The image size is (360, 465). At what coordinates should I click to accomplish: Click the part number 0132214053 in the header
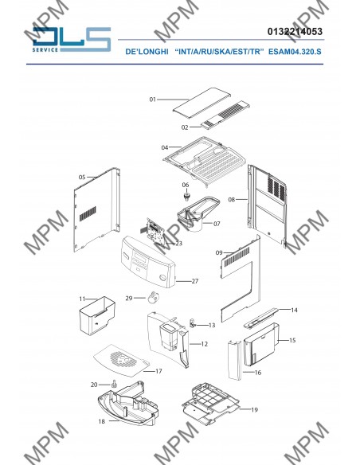click(x=295, y=31)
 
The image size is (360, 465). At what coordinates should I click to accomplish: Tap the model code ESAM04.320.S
click(x=295, y=52)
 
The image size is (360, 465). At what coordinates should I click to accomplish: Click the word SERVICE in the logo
click(x=45, y=50)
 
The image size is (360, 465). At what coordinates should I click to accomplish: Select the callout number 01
click(x=152, y=100)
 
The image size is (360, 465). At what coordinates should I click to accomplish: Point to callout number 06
click(x=186, y=185)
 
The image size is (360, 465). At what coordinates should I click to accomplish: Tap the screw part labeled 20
click(x=114, y=384)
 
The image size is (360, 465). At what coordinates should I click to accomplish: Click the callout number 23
click(x=179, y=244)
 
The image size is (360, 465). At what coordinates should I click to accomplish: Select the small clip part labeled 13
click(x=193, y=323)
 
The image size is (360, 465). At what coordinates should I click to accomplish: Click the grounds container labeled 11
click(x=97, y=315)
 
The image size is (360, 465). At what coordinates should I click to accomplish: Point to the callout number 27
click(x=195, y=281)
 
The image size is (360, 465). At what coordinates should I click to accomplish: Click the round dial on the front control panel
click(x=162, y=278)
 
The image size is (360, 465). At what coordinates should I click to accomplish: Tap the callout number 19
click(x=254, y=410)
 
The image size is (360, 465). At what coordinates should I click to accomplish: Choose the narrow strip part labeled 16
click(x=235, y=360)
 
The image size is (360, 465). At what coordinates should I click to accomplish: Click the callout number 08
click(x=231, y=200)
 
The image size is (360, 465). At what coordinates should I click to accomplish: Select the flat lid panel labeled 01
click(x=202, y=101)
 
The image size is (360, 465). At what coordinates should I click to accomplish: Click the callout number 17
click(x=158, y=371)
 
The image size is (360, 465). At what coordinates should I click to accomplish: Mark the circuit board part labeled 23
click(x=156, y=232)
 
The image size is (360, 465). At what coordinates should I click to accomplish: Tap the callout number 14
click(x=294, y=311)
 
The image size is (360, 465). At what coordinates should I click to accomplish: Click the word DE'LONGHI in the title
click(x=147, y=52)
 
